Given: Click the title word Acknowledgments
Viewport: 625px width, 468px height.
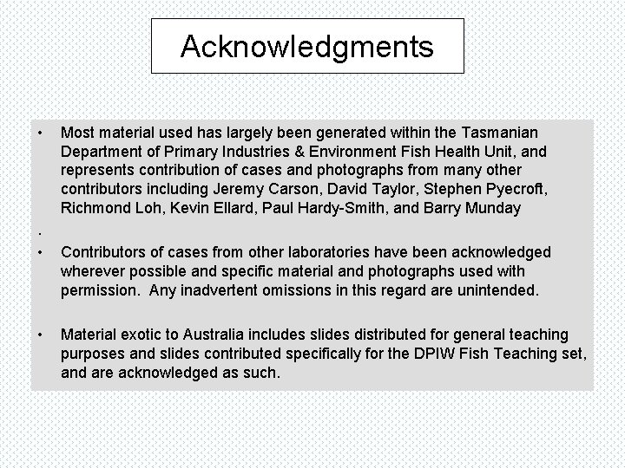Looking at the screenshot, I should pos(307,47).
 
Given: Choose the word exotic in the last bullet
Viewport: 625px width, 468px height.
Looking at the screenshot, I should pos(136,335).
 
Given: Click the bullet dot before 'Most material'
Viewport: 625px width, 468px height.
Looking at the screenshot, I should pos(40,133).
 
